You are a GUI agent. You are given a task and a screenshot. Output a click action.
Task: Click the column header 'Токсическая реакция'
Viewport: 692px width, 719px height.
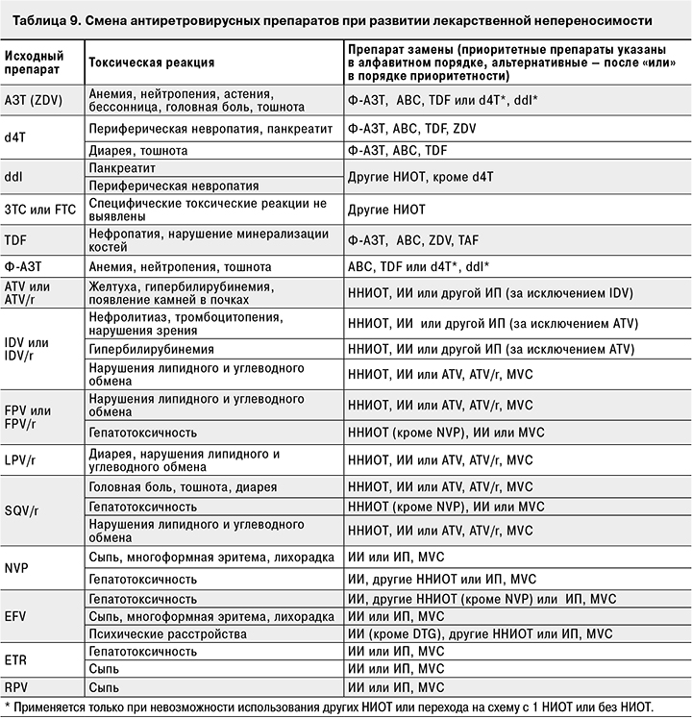pos(151,62)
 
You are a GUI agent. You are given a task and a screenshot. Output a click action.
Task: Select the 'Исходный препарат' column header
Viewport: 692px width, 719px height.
pos(31,62)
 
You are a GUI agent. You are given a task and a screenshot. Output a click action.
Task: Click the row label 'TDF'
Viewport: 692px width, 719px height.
pos(15,239)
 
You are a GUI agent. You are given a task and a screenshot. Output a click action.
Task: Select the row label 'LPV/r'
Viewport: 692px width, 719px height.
pos(20,459)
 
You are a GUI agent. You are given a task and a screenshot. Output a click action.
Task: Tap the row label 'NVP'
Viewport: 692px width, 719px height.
pos(16,567)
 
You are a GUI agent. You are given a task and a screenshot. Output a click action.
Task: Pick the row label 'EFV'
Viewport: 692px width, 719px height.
pos(15,615)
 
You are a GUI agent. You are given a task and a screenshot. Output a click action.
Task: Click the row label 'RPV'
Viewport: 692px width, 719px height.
pos(16,686)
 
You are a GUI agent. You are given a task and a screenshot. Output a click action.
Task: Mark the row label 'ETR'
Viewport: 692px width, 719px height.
pos(15,659)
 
